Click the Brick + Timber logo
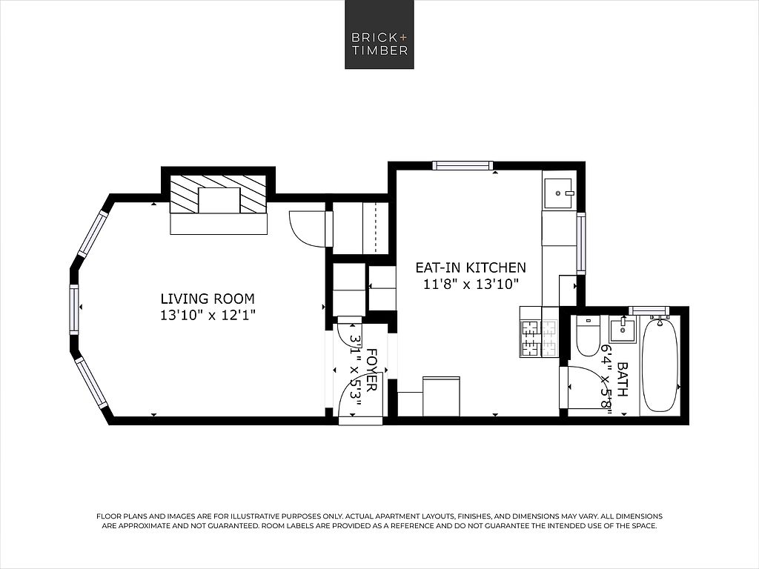tap(379, 34)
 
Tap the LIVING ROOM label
tap(208, 299)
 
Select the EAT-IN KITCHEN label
tap(471, 267)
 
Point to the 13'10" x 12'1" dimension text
tap(208, 316)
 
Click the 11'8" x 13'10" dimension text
tap(471, 284)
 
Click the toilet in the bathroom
tap(588, 336)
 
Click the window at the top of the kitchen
tap(463, 165)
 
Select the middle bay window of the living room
tap(73, 309)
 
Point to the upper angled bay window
tap(93, 234)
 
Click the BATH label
tap(623, 380)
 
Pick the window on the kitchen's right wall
tap(580, 244)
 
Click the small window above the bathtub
tap(649, 310)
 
